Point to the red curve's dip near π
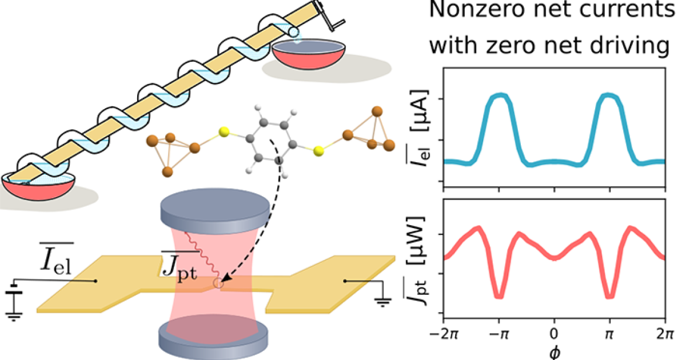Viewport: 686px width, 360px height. [x=609, y=296]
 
